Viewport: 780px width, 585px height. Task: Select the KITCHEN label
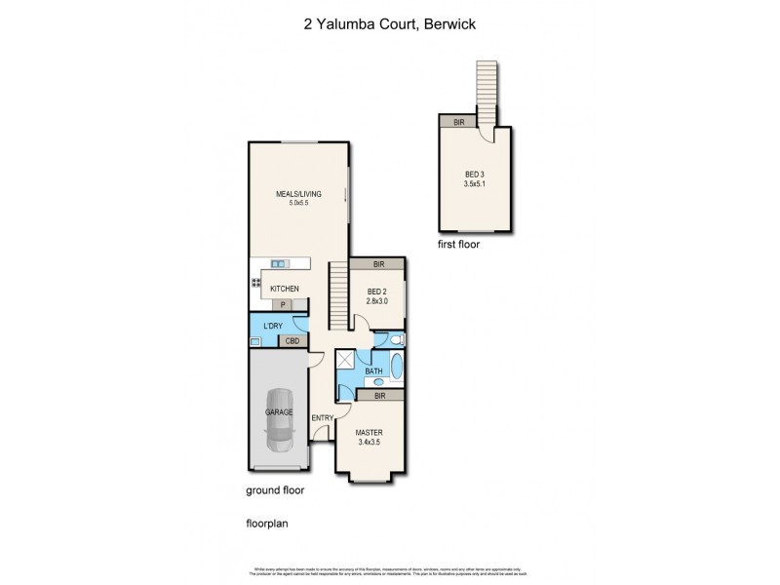point(284,289)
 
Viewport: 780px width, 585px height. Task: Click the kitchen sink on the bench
point(280,263)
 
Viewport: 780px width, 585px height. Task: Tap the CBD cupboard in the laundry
point(292,341)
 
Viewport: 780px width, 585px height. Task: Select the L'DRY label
point(272,325)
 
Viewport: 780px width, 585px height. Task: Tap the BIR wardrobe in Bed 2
point(377,264)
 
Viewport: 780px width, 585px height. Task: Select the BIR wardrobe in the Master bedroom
point(377,396)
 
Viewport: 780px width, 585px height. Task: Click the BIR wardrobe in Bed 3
point(458,122)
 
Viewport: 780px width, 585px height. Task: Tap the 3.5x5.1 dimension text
point(477,183)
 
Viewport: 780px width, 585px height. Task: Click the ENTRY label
point(323,418)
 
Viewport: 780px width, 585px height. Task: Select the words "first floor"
point(458,245)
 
